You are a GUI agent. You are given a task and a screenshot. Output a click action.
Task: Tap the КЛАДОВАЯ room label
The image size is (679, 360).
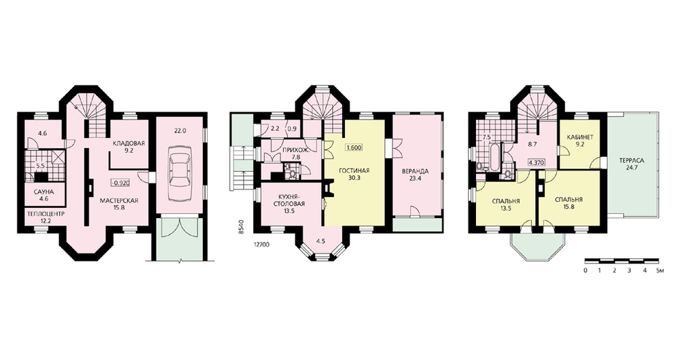pos(128,143)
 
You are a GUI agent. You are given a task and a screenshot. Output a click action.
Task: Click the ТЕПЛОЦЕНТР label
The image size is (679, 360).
pos(45,214)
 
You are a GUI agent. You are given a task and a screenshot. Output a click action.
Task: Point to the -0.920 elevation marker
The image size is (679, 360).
pos(120,183)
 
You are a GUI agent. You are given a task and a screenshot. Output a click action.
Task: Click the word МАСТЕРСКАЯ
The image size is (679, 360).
pos(119,200)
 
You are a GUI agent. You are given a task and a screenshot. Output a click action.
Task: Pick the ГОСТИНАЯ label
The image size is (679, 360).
pos(355,170)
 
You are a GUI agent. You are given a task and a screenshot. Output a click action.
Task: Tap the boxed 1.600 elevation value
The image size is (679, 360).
pos(353,147)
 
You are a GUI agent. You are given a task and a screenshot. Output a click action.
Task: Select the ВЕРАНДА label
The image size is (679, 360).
pos(414,171)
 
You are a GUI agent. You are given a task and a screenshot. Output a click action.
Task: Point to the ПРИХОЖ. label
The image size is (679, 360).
pos(292,150)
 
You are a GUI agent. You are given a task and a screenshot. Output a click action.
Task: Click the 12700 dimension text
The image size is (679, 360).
pos(261,245)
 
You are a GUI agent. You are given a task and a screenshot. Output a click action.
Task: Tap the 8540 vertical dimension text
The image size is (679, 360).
pos(241,228)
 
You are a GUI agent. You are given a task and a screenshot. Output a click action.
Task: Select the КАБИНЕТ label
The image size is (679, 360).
pos(580,137)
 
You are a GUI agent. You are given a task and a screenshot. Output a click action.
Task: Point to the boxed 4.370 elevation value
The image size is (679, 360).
pos(536,163)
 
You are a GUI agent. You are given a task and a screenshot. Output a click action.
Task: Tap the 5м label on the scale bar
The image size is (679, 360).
pos(659,271)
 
